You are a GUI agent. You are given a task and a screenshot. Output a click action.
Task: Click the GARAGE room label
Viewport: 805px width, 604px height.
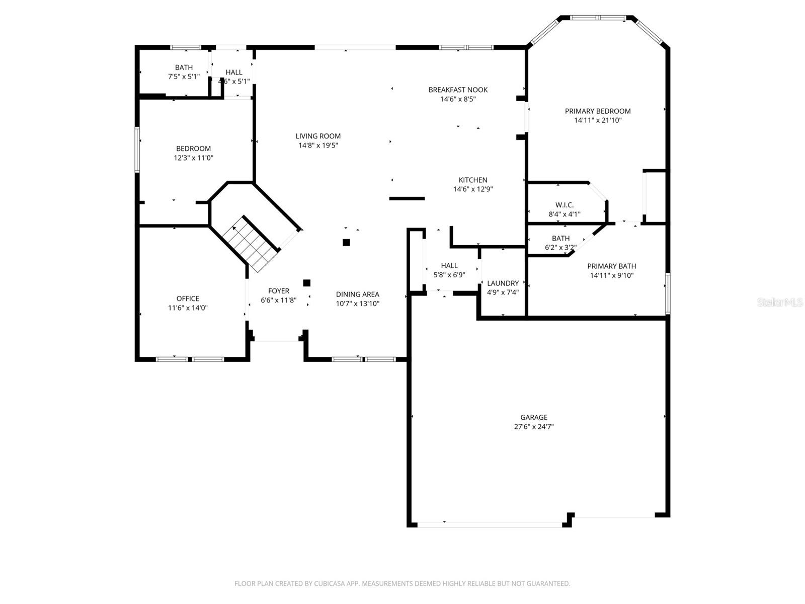click(x=534, y=417)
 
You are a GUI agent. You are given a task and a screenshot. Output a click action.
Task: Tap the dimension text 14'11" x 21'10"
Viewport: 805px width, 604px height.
click(x=598, y=120)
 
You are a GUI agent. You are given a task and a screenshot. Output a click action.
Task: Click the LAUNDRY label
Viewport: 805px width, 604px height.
click(x=503, y=283)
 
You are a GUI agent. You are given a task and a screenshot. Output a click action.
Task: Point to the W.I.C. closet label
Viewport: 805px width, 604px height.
click(x=564, y=205)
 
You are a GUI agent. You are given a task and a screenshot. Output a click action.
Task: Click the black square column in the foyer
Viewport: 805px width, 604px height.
click(x=306, y=283)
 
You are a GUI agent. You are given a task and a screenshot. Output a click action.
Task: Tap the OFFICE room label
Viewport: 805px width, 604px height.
click(x=188, y=298)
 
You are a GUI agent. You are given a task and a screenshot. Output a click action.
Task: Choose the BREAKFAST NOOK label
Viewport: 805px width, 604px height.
click(x=458, y=90)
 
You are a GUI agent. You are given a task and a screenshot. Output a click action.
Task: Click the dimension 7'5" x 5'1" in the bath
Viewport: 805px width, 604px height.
click(x=184, y=77)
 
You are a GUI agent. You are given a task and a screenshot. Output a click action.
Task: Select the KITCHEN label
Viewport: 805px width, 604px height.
click(x=472, y=180)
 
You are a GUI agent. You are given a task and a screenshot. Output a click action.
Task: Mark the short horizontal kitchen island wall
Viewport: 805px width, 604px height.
click(x=407, y=198)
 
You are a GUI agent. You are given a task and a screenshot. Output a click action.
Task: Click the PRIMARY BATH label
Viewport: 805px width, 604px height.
click(x=611, y=266)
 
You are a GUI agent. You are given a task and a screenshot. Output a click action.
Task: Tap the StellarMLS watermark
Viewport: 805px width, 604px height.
click(x=780, y=302)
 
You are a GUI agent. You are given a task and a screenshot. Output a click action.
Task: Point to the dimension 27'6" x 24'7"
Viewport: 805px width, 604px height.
click(x=534, y=426)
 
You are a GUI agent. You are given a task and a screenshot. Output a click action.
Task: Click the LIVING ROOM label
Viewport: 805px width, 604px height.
click(x=318, y=136)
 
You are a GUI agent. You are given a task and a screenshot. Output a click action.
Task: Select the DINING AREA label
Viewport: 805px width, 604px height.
click(x=357, y=294)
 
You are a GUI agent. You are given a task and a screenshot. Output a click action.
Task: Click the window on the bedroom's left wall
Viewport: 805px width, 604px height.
click(x=137, y=149)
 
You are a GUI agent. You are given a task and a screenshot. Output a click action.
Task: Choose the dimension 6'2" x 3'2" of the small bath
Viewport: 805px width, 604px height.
click(x=560, y=248)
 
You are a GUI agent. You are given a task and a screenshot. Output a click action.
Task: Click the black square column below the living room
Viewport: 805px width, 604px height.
click(x=346, y=243)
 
